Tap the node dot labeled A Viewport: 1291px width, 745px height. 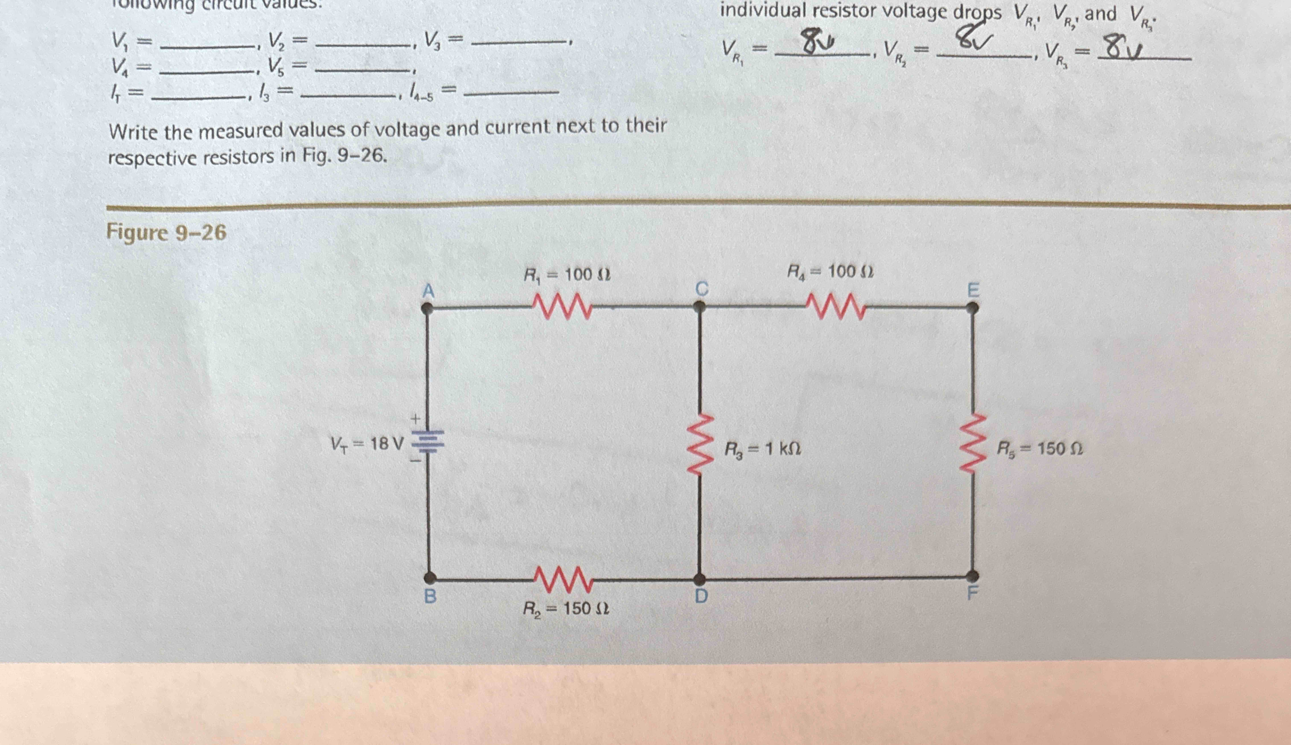(428, 309)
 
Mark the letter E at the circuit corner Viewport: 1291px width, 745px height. (973, 291)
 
